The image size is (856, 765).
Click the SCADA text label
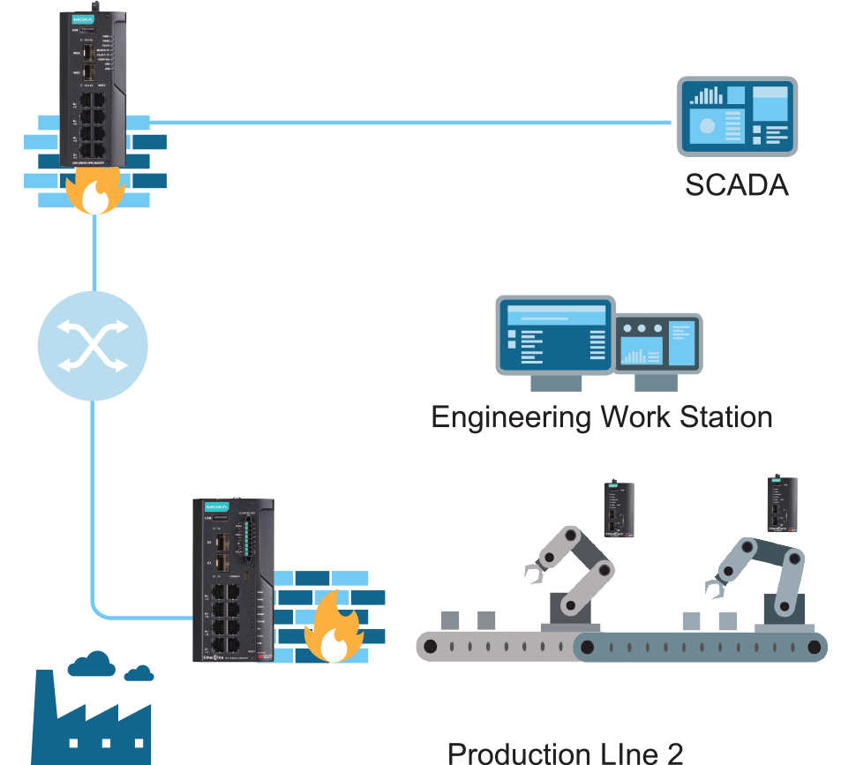(736, 186)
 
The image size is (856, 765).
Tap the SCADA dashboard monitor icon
(737, 116)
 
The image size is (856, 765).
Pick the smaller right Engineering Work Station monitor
(659, 345)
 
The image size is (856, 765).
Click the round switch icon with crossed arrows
(93, 345)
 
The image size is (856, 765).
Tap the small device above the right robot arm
(782, 504)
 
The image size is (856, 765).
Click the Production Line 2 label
(565, 753)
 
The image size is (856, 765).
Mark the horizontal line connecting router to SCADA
(406, 122)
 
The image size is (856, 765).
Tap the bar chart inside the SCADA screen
(706, 95)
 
